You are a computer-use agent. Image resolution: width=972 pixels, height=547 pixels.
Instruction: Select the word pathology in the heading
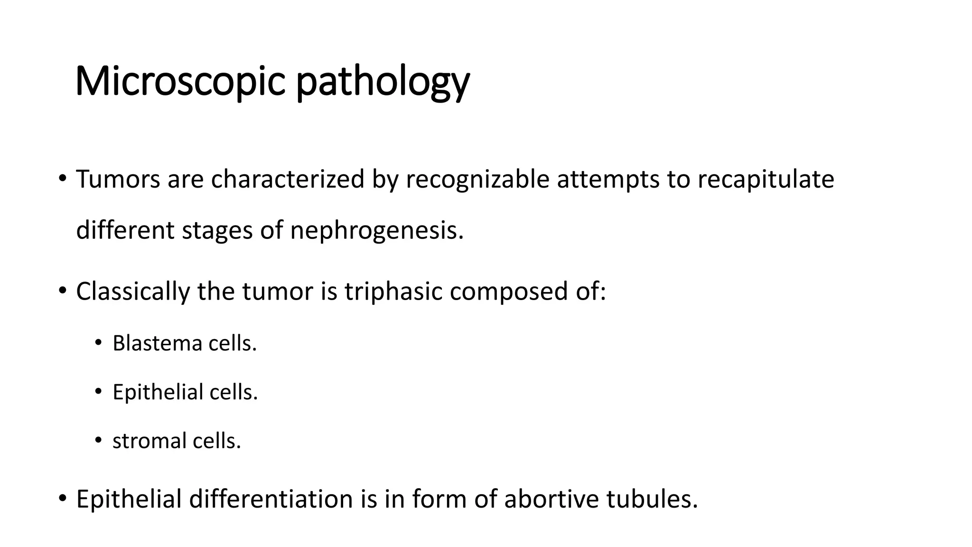tap(383, 82)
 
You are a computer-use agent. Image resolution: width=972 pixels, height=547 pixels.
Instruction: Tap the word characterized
tap(288, 179)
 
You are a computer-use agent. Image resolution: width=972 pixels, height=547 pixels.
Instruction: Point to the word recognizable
tap(477, 179)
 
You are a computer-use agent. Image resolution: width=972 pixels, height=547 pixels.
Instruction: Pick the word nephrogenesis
tap(376, 230)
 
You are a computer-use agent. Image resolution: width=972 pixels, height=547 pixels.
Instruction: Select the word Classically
tap(132, 291)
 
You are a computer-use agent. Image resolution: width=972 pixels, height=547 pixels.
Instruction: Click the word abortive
tap(551, 499)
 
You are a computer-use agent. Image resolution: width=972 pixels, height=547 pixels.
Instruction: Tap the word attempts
tap(608, 179)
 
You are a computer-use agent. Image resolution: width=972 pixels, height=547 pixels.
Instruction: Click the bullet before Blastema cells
tap(98, 342)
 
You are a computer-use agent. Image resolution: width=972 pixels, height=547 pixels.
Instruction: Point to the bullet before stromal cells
tap(98, 440)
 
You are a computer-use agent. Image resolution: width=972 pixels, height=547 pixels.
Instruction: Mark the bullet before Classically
tap(62, 291)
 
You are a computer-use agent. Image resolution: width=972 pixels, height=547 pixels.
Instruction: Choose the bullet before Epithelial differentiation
tap(62, 499)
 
